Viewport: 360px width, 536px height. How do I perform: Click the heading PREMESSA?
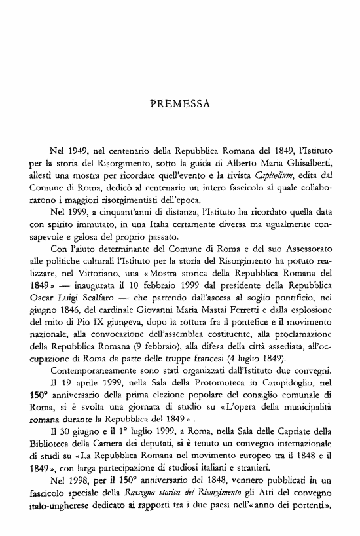click(x=180, y=103)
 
